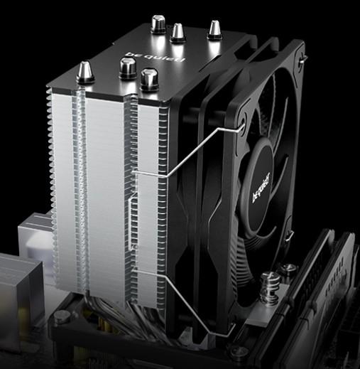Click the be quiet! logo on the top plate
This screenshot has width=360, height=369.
(x=156, y=56)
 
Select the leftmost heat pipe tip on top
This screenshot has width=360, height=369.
(x=84, y=72)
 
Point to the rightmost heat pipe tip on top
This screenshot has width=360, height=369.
(x=214, y=30)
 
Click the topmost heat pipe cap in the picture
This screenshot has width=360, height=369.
(x=158, y=23)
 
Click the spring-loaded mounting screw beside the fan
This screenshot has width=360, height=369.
(x=270, y=288)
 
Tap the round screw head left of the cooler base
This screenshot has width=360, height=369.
(x=62, y=316)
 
